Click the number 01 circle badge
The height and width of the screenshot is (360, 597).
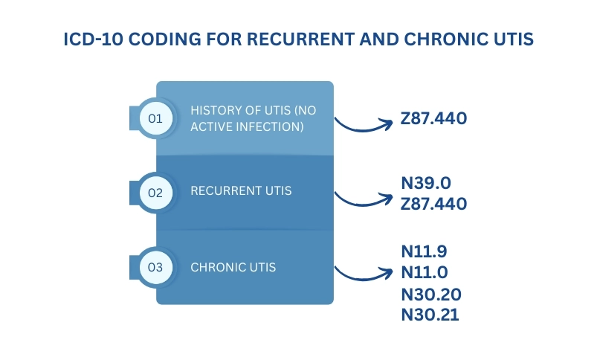pyautogui.click(x=155, y=118)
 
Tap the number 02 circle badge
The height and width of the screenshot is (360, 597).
pyautogui.click(x=155, y=193)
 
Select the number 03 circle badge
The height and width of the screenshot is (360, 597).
pyautogui.click(x=155, y=267)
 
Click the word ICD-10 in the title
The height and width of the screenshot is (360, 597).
pyautogui.click(x=93, y=39)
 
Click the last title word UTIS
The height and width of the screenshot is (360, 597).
pyautogui.click(x=514, y=39)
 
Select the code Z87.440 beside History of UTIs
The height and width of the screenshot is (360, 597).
pyautogui.click(x=433, y=118)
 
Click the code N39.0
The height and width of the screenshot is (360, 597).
pyautogui.click(x=426, y=183)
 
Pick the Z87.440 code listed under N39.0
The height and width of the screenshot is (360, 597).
pyautogui.click(x=433, y=204)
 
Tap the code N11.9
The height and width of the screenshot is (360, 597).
pyautogui.click(x=424, y=251)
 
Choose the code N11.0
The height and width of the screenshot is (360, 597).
pyautogui.click(x=425, y=272)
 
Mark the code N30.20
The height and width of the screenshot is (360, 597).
pyautogui.click(x=431, y=295)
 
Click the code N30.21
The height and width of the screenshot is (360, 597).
pyautogui.click(x=430, y=315)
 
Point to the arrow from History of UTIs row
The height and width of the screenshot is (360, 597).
pyautogui.click(x=363, y=130)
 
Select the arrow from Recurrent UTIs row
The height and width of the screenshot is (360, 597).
pyautogui.click(x=363, y=205)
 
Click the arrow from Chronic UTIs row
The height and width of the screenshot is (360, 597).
pyautogui.click(x=363, y=279)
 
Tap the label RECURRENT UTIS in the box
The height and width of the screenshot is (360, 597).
pyautogui.click(x=241, y=191)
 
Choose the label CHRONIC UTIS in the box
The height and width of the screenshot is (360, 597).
pyautogui.click(x=233, y=268)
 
